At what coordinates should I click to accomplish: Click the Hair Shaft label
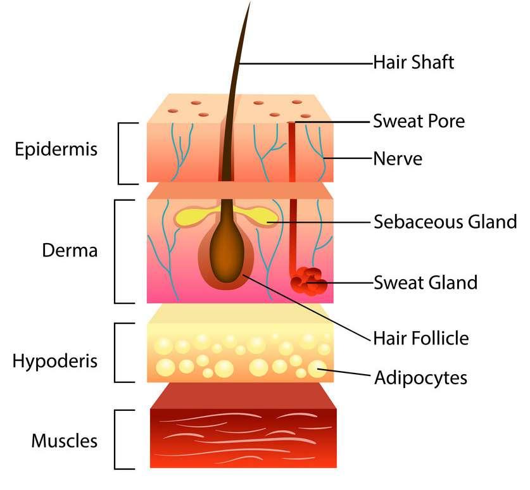point(413,63)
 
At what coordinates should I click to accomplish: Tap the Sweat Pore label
point(419,120)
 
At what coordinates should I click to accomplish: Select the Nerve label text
point(398,158)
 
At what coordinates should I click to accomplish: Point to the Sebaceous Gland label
point(445,222)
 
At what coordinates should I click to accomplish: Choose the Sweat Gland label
point(425,282)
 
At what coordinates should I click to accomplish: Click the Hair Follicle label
point(421,337)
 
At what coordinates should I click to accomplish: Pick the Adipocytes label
point(420,378)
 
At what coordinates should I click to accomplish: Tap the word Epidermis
point(57,150)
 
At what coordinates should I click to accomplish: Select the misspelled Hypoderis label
point(55,361)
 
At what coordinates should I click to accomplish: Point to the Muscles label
point(65,440)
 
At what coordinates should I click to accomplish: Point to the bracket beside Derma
point(115,251)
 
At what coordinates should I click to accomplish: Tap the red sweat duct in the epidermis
point(293,152)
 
